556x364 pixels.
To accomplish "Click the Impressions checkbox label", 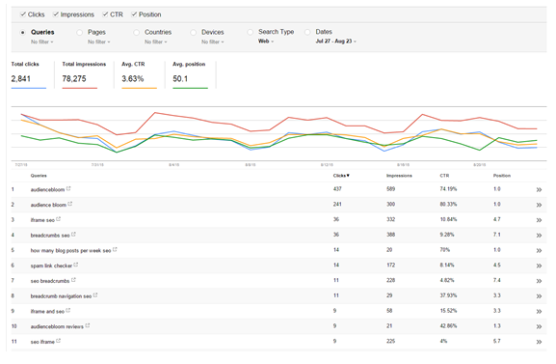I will pos(77,14).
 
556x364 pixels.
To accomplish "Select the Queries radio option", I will pos(23,32).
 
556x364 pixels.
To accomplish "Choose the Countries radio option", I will pos(138,32).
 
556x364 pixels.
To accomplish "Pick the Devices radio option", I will pos(195,32).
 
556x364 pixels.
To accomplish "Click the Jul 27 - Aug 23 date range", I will pos(336,42).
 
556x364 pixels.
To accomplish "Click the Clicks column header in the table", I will pos(340,176).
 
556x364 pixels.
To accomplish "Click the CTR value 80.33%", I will pos(449,205).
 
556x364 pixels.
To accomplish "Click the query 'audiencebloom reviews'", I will pos(59,325).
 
